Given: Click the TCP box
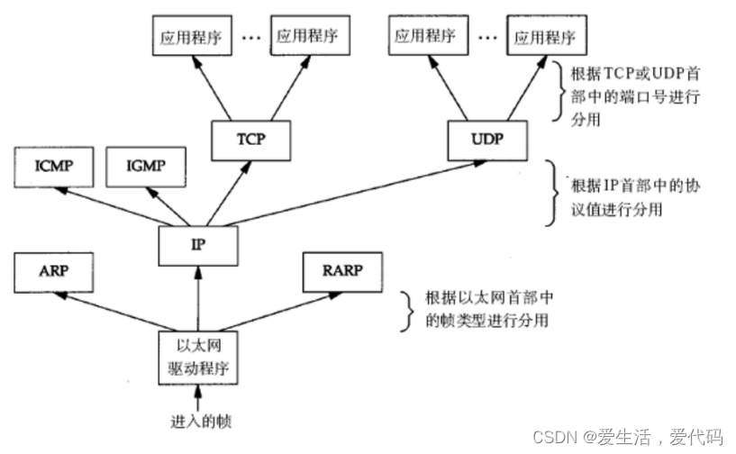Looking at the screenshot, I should [x=242, y=140].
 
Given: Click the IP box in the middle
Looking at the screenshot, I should [x=197, y=242].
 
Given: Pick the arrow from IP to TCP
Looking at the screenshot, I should [x=221, y=191].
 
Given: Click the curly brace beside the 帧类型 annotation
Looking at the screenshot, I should [x=406, y=308].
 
